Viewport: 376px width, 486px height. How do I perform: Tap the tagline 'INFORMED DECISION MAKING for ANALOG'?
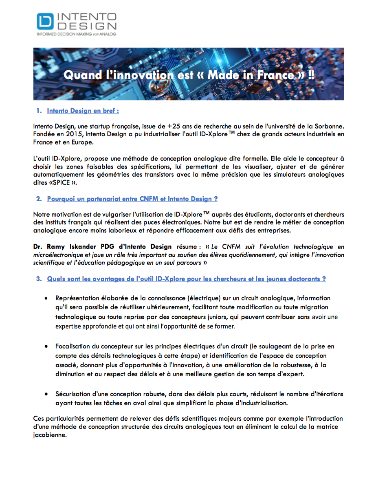(77, 34)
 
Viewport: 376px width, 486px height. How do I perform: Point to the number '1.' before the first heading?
(39, 111)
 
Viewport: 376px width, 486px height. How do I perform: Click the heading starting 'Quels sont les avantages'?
(186, 279)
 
